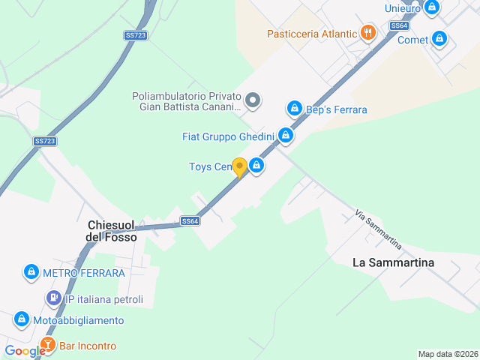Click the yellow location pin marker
tap(239, 166)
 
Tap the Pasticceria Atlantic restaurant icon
tap(367, 32)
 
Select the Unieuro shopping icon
tap(431, 7)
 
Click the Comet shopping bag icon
tap(439, 39)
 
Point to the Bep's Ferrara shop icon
tap(295, 109)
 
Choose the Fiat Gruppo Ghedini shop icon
tap(285, 136)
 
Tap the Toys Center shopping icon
tap(256, 166)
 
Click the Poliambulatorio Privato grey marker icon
tap(253, 100)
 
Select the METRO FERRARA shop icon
tap(31, 272)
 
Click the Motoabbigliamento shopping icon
tap(21, 320)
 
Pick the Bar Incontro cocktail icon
tap(47, 346)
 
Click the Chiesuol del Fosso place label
tap(112, 230)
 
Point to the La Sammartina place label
tap(393, 262)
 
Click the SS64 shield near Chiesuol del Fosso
tap(190, 221)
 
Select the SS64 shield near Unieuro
tap(399, 25)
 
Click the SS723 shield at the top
tap(135, 35)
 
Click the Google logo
tap(24, 350)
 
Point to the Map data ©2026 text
tap(447, 354)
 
